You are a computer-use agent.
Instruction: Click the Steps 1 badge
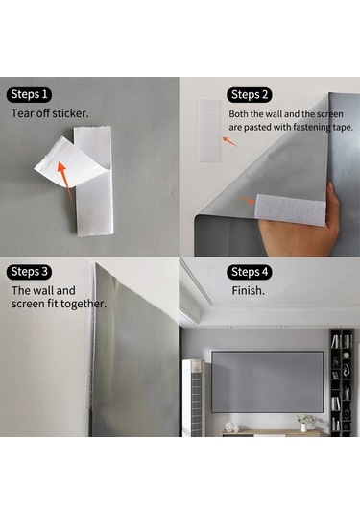(29, 95)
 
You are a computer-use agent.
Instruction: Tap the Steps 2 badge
(250, 95)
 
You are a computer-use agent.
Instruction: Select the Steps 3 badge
(29, 272)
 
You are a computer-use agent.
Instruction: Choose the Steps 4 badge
(250, 272)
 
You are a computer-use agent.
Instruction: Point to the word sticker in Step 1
(70, 113)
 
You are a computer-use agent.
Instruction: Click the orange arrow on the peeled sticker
(64, 180)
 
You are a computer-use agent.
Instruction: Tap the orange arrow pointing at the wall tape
(229, 141)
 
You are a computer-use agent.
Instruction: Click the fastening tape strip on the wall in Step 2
(210, 131)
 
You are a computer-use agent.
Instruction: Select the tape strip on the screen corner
(290, 209)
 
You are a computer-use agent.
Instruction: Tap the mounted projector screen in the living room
(267, 381)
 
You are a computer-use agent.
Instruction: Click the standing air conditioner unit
(193, 398)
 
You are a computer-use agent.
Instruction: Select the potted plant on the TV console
(304, 423)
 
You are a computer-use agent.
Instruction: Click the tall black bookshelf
(342, 382)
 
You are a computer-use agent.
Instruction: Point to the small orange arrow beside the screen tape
(248, 200)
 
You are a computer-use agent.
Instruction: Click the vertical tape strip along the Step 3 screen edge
(91, 335)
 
